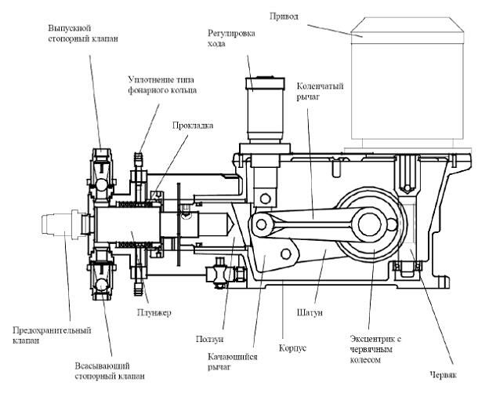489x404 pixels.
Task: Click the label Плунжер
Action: pyautogui.click(x=157, y=312)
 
